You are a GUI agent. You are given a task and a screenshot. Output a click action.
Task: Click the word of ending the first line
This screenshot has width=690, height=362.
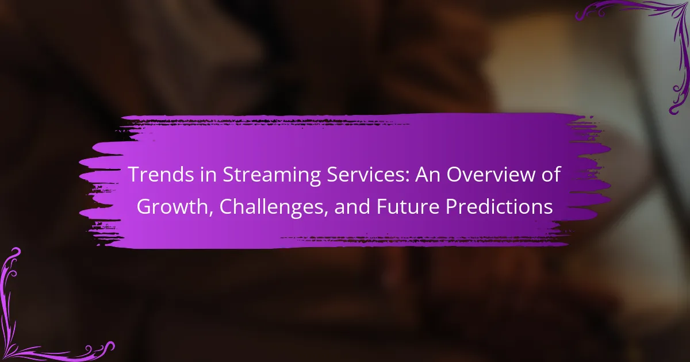[551, 174]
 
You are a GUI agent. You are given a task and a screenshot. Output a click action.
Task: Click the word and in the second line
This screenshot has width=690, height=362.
[352, 206]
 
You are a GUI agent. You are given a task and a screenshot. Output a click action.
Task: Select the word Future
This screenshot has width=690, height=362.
[408, 207]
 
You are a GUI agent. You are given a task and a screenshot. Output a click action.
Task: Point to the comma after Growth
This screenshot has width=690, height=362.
[211, 214]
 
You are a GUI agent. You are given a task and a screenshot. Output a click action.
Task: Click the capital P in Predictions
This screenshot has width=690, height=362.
[451, 207]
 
